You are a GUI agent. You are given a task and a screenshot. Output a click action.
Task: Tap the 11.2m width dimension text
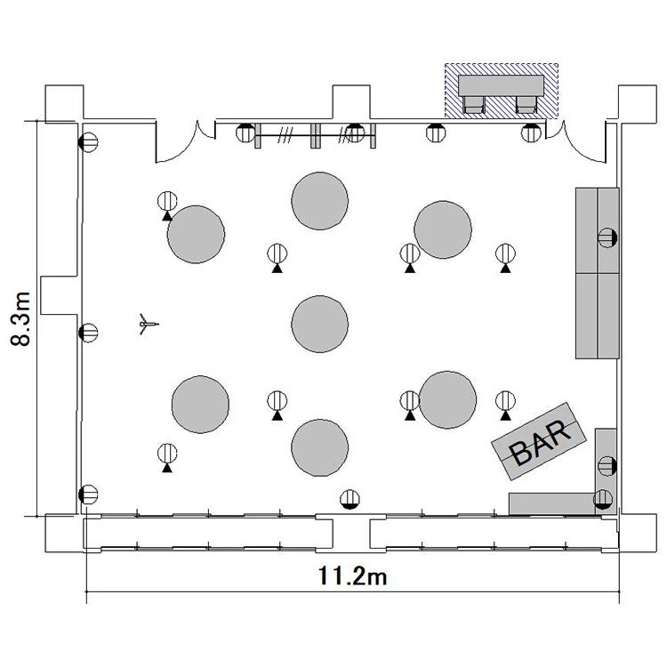click(x=353, y=576)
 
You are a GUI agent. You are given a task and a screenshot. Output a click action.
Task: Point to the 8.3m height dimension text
click(x=20, y=319)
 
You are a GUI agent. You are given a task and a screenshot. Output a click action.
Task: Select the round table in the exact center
click(x=320, y=324)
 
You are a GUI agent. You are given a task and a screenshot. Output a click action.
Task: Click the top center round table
click(x=320, y=201)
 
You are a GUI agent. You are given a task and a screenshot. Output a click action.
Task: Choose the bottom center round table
click(x=320, y=447)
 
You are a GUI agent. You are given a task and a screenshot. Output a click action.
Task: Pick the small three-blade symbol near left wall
click(x=148, y=324)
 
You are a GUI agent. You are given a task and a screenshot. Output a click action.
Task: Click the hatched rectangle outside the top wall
click(x=502, y=91)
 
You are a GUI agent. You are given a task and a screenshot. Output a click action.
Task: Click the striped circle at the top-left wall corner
click(x=88, y=142)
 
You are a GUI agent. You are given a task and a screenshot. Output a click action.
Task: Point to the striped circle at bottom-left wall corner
click(x=88, y=494)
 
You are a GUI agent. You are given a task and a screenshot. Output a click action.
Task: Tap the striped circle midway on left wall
click(x=88, y=333)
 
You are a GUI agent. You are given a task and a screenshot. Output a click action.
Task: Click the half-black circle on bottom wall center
click(x=350, y=499)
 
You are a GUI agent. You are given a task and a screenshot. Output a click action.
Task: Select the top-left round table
click(x=197, y=235)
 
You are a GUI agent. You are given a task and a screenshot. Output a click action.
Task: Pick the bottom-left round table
click(x=200, y=405)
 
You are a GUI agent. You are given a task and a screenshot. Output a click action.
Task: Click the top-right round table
click(x=443, y=229)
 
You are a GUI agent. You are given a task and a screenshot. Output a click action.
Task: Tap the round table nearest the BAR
click(x=448, y=400)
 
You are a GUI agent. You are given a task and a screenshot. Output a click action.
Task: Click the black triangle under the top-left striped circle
click(x=167, y=216)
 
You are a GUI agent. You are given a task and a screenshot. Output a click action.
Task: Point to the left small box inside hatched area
click(x=474, y=105)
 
